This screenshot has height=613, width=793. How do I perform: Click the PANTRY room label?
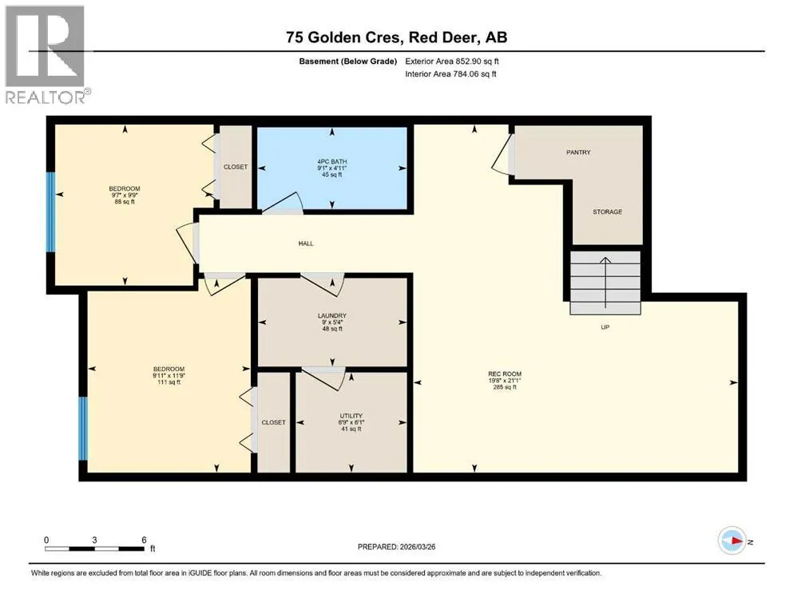pyautogui.click(x=578, y=152)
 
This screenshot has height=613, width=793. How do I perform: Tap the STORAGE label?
pyautogui.click(x=608, y=212)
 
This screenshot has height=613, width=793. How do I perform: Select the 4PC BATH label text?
pyautogui.click(x=331, y=162)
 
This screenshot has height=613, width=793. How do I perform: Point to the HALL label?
pyautogui.click(x=306, y=243)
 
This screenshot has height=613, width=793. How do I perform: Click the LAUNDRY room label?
pyautogui.click(x=331, y=316)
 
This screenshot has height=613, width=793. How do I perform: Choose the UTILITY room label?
pyautogui.click(x=351, y=416)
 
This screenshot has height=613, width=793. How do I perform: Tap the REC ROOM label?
pyautogui.click(x=505, y=374)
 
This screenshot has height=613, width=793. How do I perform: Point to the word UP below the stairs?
pyautogui.click(x=605, y=327)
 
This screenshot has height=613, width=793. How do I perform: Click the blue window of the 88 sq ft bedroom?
pyautogui.click(x=50, y=212)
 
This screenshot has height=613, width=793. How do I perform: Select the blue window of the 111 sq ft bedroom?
pyautogui.click(x=83, y=429)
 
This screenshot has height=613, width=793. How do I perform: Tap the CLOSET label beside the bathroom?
pyautogui.click(x=236, y=167)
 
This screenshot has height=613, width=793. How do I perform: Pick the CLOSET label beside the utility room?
pyautogui.click(x=274, y=422)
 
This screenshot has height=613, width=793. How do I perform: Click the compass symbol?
pyautogui.click(x=732, y=540)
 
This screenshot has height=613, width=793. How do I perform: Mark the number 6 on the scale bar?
pyautogui.click(x=144, y=540)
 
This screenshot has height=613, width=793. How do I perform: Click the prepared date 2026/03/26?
pyautogui.click(x=417, y=547)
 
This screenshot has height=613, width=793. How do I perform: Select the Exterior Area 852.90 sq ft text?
pyautogui.click(x=452, y=61)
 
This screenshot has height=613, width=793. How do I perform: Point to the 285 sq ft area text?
pyautogui.click(x=505, y=387)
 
